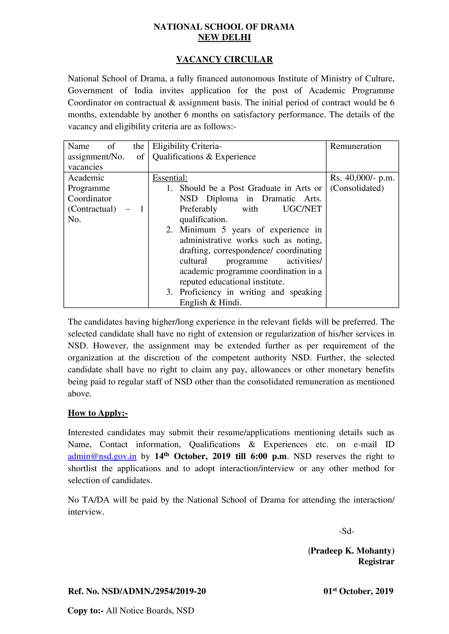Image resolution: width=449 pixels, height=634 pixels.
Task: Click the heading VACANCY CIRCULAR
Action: [224, 59]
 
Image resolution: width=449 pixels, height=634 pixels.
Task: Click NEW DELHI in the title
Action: [224, 37]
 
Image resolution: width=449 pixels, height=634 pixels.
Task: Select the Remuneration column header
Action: [356, 146]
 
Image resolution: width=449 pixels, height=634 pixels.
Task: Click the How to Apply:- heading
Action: [98, 413]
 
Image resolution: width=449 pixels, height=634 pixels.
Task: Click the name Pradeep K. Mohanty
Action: [351, 551]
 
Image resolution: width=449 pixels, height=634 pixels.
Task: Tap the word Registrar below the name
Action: [376, 561]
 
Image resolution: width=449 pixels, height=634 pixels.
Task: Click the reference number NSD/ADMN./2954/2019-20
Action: [154, 591]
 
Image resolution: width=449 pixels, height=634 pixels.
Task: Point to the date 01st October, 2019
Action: [358, 591]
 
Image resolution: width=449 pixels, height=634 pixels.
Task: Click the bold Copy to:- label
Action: [85, 611]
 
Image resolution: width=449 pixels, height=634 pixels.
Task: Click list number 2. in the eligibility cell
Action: [169, 230]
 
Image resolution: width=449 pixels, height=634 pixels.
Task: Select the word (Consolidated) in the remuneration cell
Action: [357, 188]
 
